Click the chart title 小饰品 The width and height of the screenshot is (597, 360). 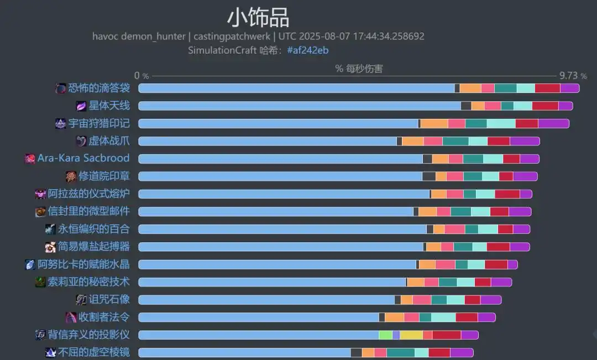pos(258,18)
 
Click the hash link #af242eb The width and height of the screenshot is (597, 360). pos(308,50)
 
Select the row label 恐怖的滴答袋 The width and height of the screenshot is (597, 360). pos(99,88)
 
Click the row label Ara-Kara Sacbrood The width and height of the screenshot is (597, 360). pos(83,158)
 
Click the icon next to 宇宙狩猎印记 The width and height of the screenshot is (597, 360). pos(61,123)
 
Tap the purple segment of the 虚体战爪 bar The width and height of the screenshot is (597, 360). pos(524,141)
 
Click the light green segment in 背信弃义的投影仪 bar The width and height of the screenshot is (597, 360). pos(385,335)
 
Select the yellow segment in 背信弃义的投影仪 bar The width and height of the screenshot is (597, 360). pos(411,335)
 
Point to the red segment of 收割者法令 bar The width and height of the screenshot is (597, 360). pos(467,317)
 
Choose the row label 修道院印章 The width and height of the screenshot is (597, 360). pos(104,176)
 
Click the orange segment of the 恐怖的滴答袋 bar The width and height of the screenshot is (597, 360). pos(470,88)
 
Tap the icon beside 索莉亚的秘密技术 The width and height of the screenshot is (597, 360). pos(40,282)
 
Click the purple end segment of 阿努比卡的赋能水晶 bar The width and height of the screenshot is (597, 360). pos(512,264)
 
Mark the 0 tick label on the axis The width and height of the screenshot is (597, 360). pos(137,76)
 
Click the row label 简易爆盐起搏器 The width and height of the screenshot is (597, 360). pos(94,247)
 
